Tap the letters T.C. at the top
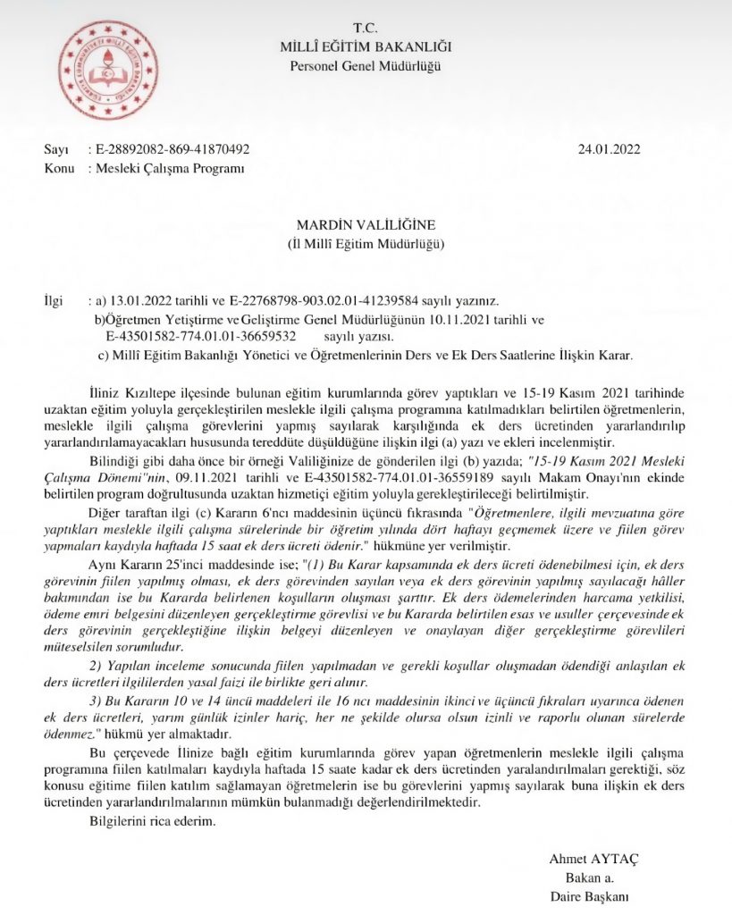point(366,29)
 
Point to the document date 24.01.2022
point(609,150)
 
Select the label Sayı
point(56,150)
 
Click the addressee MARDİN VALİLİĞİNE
point(366,225)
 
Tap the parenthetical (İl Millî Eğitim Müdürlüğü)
point(366,243)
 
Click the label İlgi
point(55,302)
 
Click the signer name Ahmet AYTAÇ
point(593,860)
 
